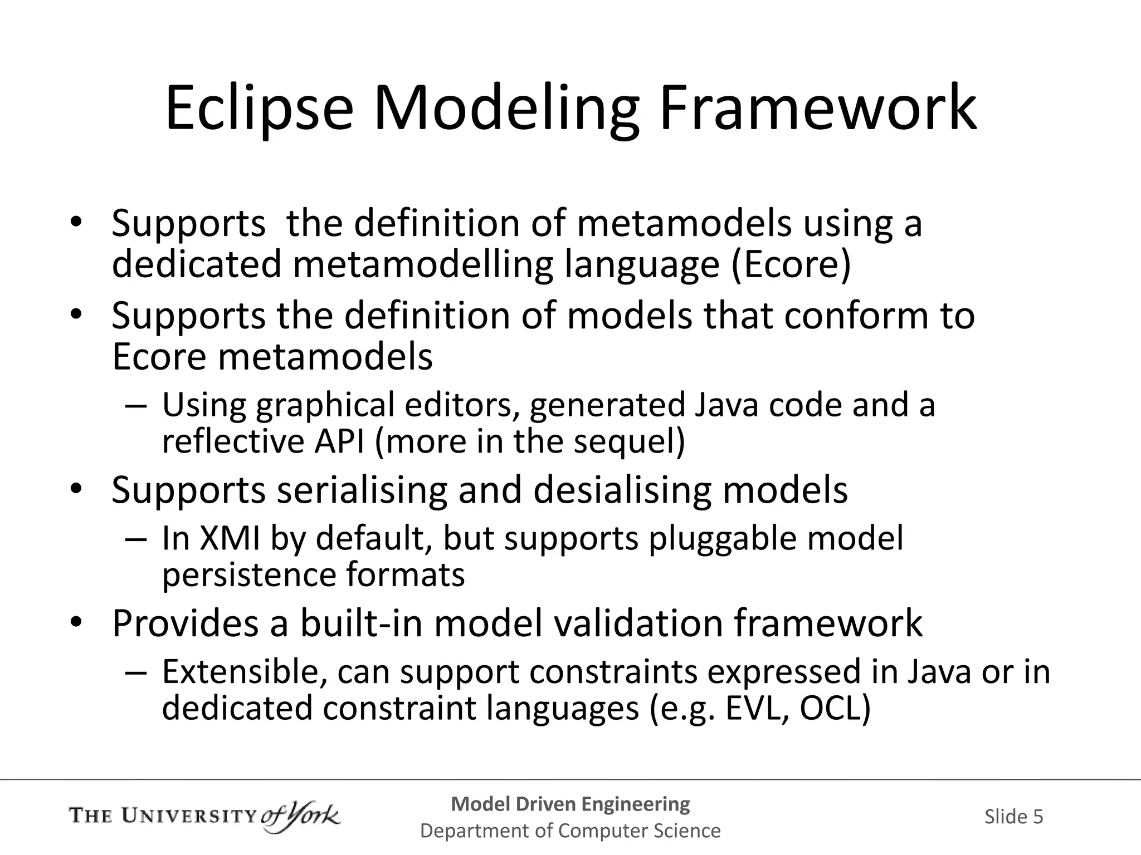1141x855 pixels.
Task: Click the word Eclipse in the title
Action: point(260,109)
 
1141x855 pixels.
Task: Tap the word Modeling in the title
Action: point(506,109)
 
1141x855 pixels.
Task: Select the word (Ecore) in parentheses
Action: point(791,264)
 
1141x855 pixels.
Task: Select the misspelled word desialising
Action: point(622,490)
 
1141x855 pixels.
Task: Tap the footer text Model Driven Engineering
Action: point(570,804)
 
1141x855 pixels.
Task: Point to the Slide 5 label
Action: point(1013,817)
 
